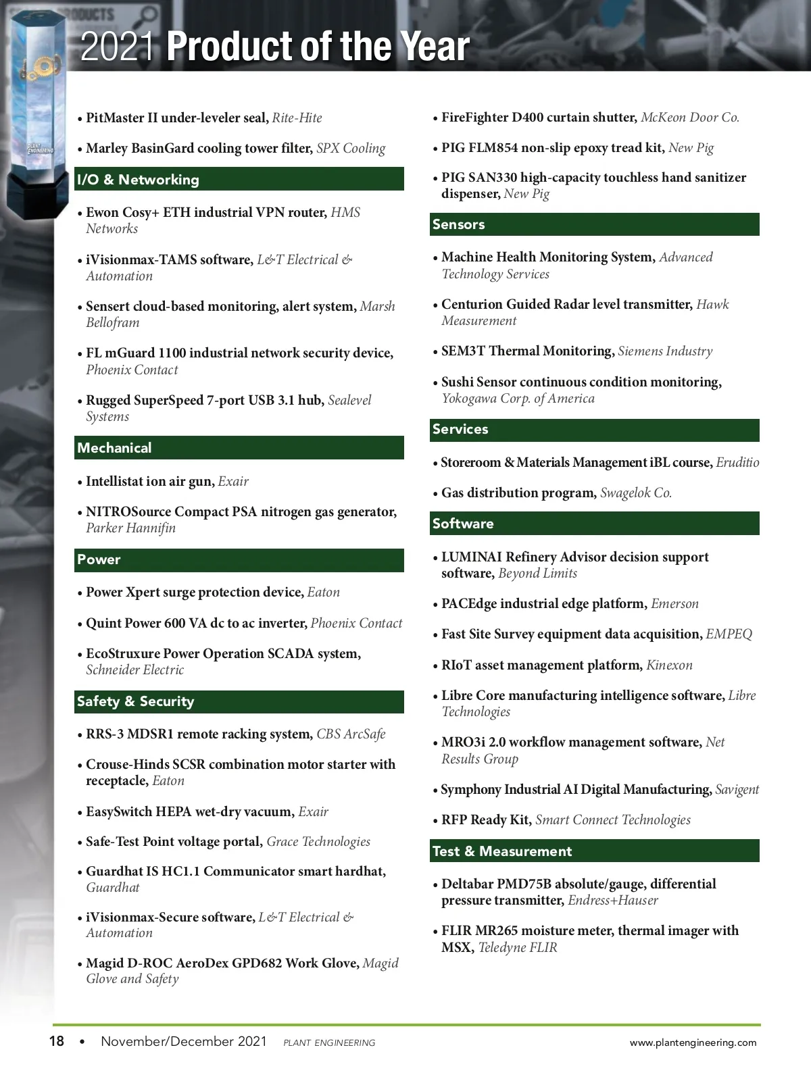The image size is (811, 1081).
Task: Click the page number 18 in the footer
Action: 57,1041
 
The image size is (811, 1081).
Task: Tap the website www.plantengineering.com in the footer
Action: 693,1042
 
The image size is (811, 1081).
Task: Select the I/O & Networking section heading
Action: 138,180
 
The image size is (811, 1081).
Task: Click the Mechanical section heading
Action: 114,448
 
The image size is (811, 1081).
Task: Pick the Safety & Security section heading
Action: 135,701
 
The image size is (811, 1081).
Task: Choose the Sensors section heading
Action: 458,224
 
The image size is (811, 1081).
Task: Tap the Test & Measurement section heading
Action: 501,851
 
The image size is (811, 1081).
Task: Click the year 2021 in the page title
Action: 117,47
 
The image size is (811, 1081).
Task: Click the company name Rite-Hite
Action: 297,118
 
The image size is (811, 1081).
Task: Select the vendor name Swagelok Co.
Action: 636,493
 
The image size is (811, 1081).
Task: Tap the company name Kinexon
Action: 669,665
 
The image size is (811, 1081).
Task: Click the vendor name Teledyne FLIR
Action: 518,948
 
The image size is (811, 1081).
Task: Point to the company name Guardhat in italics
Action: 113,888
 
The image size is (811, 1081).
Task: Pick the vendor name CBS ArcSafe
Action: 351,734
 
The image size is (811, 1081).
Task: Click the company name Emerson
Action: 674,604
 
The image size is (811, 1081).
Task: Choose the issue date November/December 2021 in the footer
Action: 184,1041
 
